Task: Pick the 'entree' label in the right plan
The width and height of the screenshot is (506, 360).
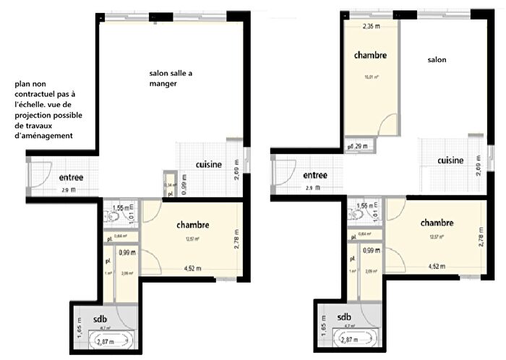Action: tap(315, 175)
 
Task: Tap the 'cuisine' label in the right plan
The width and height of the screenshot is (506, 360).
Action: tap(450, 160)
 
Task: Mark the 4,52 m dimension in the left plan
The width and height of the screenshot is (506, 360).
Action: tap(193, 269)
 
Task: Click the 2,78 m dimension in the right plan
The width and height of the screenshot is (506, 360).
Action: tap(481, 236)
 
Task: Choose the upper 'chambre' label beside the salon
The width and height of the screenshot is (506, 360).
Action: tap(370, 55)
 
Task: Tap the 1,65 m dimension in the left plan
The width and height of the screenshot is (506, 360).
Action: tap(78, 329)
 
